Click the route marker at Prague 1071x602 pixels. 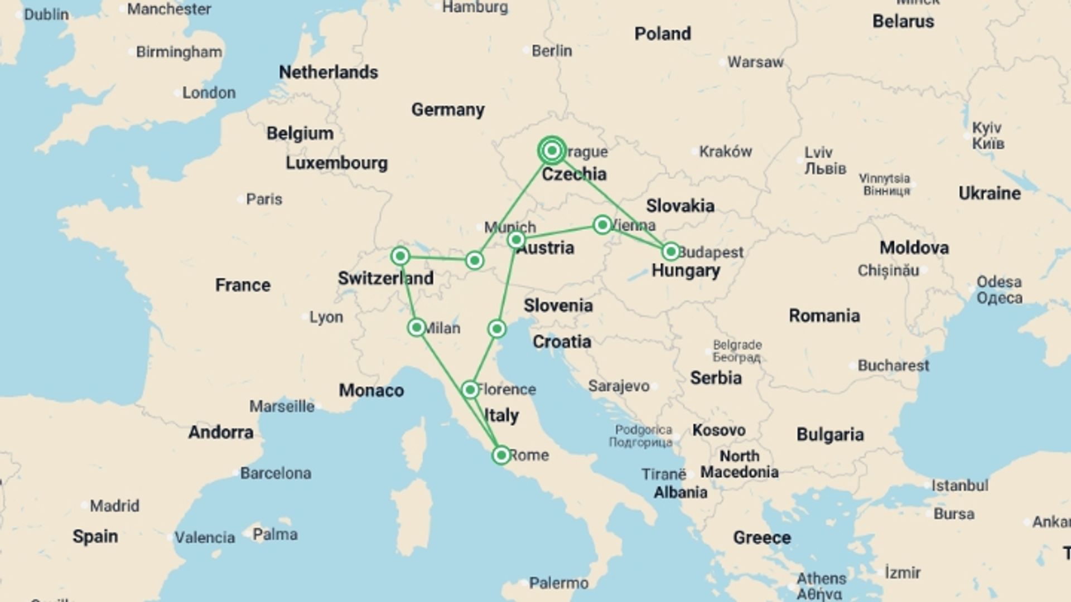tap(552, 151)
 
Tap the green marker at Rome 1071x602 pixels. tap(501, 455)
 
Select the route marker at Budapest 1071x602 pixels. tap(670, 251)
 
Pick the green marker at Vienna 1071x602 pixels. tap(602, 225)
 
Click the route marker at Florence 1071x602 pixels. tap(470, 389)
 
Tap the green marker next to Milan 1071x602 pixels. tap(416, 327)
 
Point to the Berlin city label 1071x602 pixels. tap(551, 51)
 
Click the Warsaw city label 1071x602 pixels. tap(755, 62)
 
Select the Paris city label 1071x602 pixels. tap(264, 199)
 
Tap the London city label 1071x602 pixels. tap(209, 93)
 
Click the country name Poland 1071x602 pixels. tap(662, 33)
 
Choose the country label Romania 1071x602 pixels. tap(824, 315)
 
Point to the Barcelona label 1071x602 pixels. tap(275, 473)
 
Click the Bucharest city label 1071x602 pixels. tap(893, 366)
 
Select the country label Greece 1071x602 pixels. tap(761, 537)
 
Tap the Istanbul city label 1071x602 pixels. tap(959, 486)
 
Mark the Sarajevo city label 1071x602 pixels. tap(619, 386)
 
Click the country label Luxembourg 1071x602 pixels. tap(336, 163)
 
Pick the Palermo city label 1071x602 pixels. tap(558, 583)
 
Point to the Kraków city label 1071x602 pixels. tap(725, 151)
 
